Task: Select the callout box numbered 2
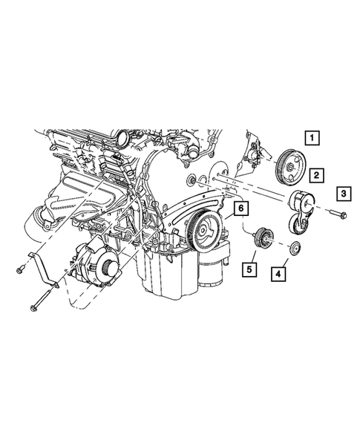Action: (x=316, y=175)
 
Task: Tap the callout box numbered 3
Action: (x=344, y=194)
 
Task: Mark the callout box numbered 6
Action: (x=240, y=209)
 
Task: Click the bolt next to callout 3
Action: (x=335, y=215)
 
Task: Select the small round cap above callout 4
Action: (x=294, y=247)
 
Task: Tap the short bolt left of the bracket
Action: (x=18, y=269)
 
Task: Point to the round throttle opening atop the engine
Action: (x=120, y=138)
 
